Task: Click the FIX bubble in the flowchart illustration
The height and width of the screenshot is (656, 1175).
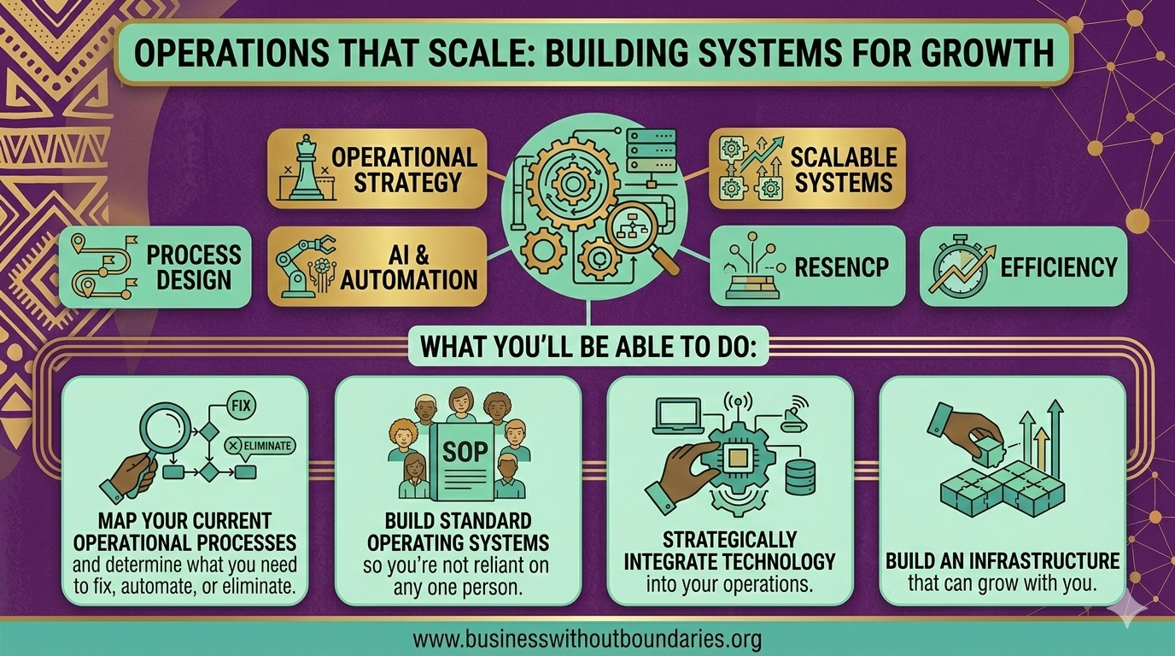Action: click(241, 406)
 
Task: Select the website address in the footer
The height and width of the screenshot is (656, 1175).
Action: click(587, 639)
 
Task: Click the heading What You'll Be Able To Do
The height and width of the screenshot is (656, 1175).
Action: click(588, 349)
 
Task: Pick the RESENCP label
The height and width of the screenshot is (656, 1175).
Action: click(841, 266)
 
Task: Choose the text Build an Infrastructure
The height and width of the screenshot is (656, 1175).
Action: click(1002, 561)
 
